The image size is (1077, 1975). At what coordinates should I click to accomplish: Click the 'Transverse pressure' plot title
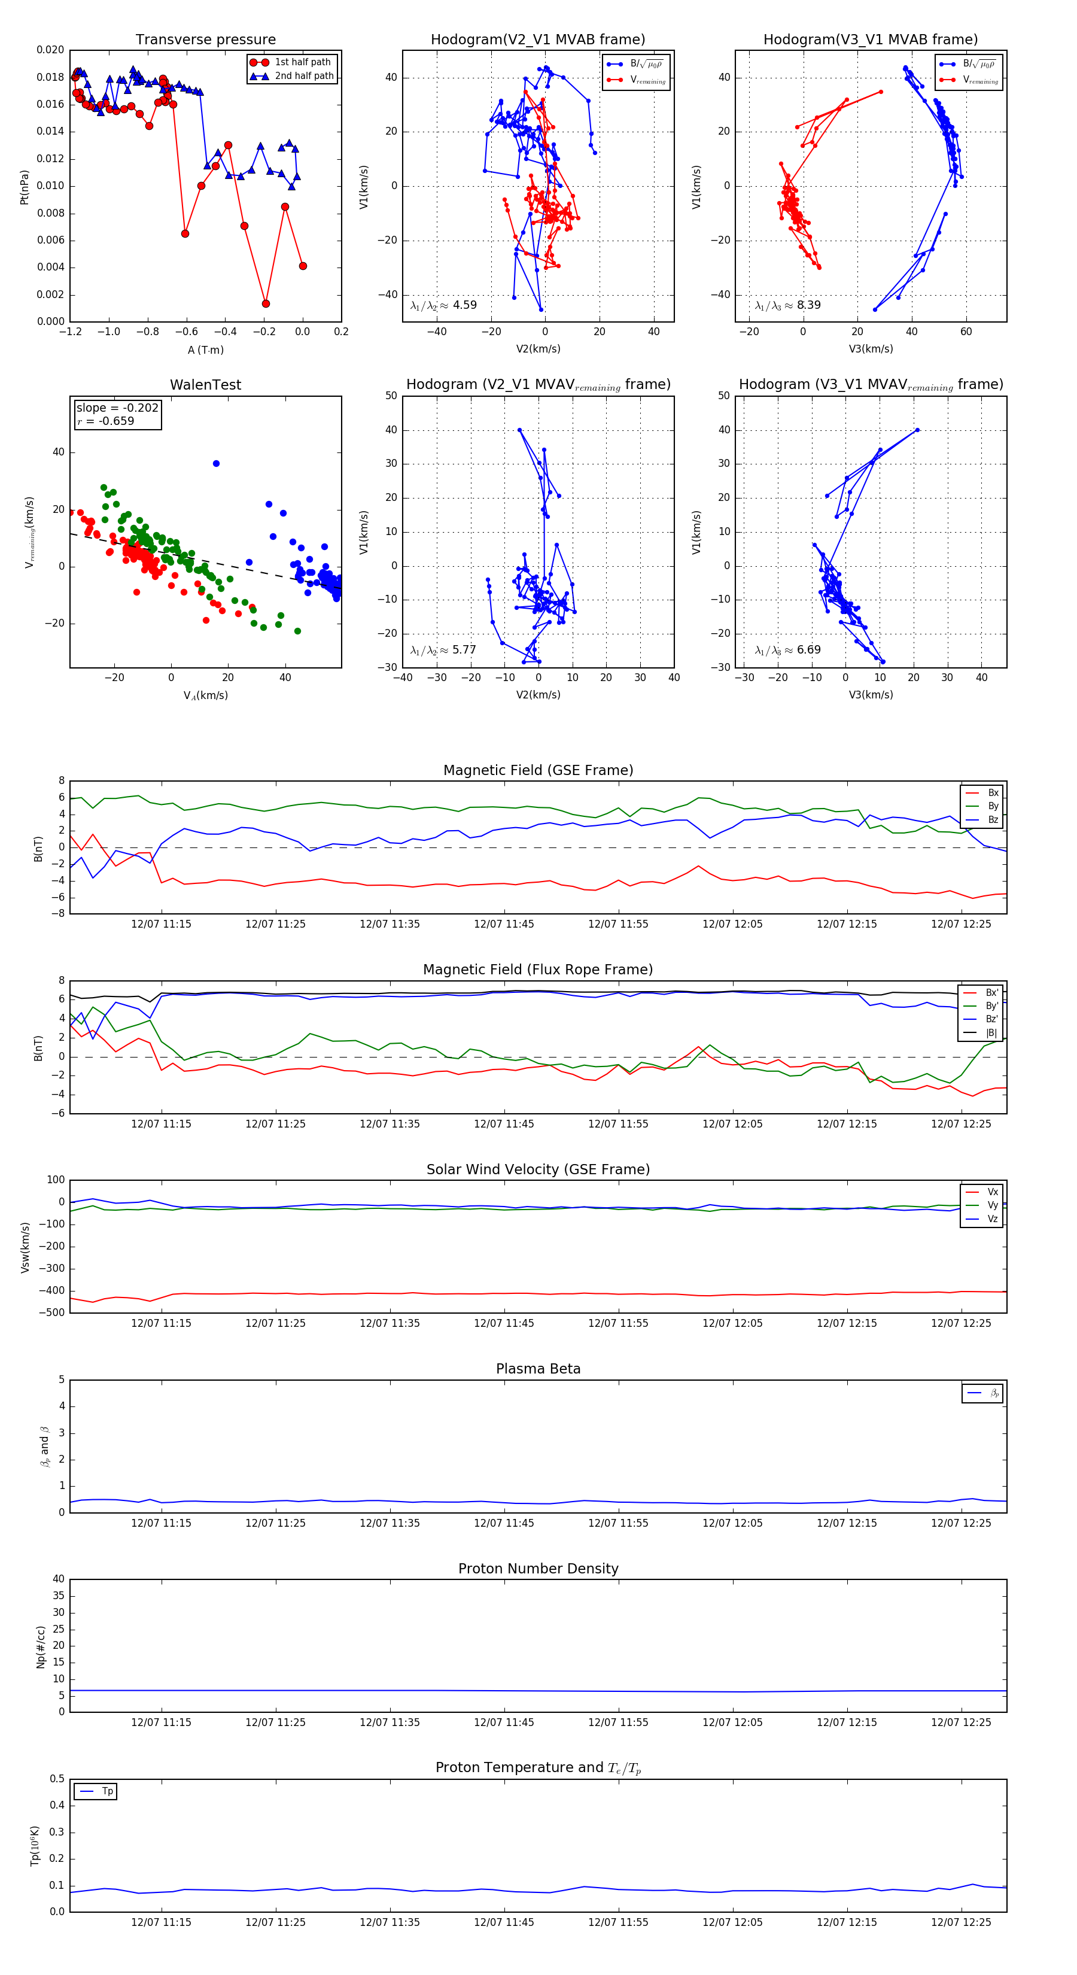205,40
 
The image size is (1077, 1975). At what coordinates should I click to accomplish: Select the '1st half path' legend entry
303,62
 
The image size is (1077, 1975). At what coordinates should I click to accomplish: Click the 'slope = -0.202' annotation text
117,408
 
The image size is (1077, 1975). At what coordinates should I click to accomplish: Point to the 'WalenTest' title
205,385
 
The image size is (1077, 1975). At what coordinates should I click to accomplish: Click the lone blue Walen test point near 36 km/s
216,464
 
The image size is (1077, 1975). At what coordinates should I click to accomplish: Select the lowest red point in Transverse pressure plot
266,303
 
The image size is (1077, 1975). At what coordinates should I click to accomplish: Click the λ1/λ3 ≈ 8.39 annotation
788,305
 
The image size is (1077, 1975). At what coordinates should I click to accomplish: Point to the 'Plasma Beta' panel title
538,1369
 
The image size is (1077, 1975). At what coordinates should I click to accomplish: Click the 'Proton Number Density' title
538,1569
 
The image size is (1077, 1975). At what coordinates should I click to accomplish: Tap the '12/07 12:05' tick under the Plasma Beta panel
732,1523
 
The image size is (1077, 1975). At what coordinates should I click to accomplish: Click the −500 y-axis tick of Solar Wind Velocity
55,1312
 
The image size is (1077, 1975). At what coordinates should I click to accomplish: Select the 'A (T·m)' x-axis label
205,350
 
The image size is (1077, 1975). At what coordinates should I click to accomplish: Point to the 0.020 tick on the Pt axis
51,50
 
